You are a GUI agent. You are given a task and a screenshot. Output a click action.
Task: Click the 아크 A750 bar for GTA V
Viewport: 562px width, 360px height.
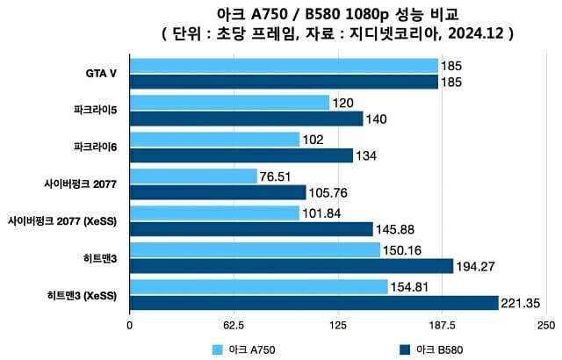click(284, 66)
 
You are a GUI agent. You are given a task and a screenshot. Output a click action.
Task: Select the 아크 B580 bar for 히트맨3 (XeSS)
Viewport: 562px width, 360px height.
click(313, 303)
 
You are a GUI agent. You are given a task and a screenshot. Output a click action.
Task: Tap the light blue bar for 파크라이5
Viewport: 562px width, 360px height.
click(229, 103)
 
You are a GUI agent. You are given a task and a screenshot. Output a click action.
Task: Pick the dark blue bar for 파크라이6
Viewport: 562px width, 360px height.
click(241, 155)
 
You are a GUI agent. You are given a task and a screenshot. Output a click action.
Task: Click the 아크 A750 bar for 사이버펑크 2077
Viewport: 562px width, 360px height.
click(193, 176)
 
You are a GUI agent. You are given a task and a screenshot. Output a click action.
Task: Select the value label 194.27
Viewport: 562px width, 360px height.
click(475, 266)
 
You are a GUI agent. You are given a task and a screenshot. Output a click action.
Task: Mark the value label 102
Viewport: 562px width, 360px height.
click(313, 140)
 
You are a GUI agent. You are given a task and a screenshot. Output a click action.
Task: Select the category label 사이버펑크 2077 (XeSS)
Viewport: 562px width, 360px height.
click(65, 220)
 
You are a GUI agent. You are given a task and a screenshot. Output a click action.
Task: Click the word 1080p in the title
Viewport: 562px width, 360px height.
click(373, 14)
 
